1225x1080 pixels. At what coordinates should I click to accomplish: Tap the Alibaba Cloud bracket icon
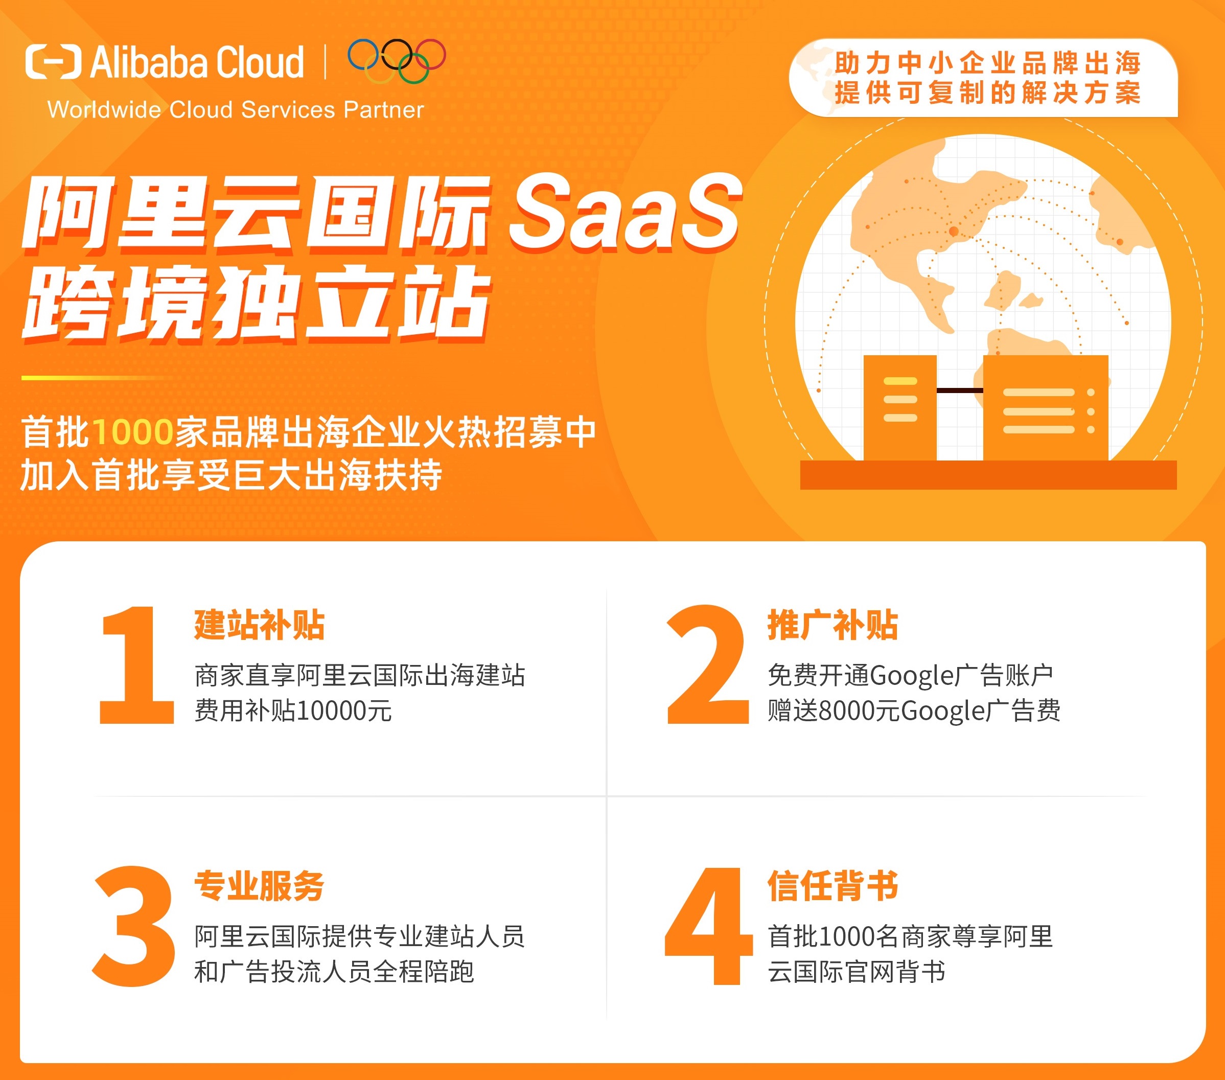[53, 62]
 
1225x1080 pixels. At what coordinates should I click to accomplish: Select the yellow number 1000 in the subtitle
[133, 431]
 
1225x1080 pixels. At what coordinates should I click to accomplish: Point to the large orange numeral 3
[134, 926]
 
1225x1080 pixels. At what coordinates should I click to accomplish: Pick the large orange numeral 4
[708, 926]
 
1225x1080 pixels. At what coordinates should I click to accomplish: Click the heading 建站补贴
[260, 625]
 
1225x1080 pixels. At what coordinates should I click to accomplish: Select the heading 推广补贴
[833, 625]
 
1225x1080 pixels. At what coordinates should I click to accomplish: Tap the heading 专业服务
[260, 886]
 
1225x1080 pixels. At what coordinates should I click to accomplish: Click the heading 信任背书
[833, 886]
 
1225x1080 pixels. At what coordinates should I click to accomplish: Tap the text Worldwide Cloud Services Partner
[236, 110]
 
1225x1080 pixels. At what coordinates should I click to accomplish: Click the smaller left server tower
[899, 408]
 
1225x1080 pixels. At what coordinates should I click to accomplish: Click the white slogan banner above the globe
[983, 78]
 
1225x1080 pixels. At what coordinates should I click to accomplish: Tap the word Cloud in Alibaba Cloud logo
[260, 62]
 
